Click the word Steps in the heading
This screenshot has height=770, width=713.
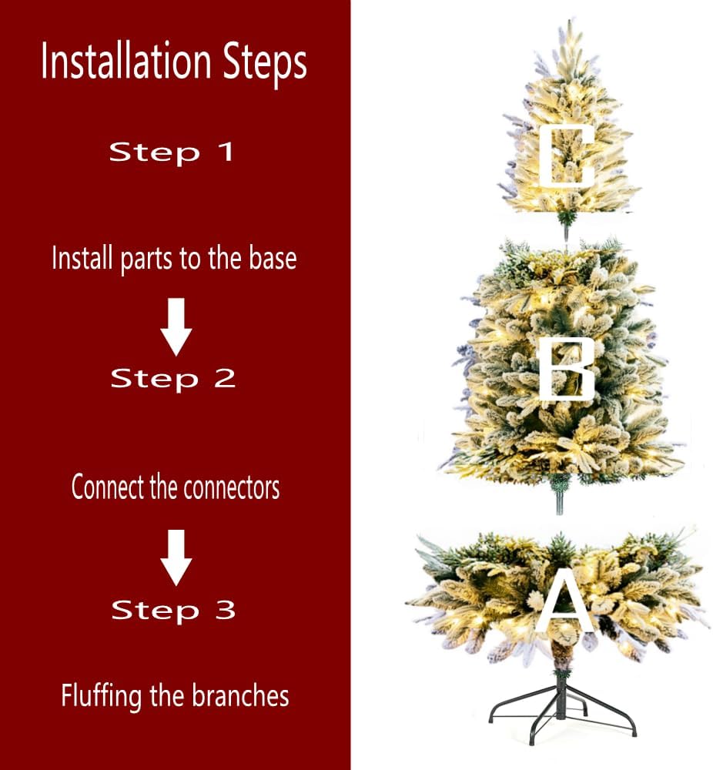[x=265, y=65]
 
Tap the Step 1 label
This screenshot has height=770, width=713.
[x=171, y=152]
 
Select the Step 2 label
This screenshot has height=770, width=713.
[x=172, y=379]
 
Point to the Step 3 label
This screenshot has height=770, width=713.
[x=173, y=611]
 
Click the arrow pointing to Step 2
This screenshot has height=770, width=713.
[x=176, y=326]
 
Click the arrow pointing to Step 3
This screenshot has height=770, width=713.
[x=176, y=557]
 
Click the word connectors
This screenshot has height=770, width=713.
[x=232, y=487]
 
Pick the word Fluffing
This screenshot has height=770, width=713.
[x=102, y=697]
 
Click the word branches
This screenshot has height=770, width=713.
[x=240, y=695]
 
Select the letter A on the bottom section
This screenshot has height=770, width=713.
[x=564, y=603]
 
